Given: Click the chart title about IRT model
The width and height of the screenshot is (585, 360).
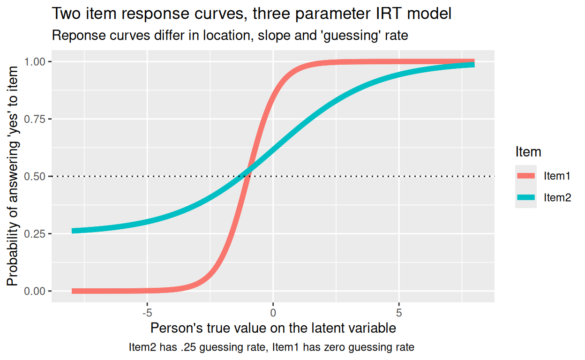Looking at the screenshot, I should (251, 14).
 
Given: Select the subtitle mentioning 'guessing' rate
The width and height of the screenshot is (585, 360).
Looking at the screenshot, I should (230, 35).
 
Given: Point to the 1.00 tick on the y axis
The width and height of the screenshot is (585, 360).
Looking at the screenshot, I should (35, 62).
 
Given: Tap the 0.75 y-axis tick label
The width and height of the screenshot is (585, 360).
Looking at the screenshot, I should (35, 119).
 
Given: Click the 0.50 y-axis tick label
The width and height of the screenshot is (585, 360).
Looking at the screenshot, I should (35, 176).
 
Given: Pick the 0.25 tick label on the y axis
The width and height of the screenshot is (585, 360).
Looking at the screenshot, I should (35, 234).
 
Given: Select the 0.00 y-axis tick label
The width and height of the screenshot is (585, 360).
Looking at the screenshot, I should (35, 291).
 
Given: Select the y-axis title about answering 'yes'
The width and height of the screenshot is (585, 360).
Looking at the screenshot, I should (13, 176).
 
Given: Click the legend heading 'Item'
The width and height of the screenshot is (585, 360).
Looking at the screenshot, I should (528, 152).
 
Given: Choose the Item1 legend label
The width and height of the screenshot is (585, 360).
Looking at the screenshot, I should (557, 176).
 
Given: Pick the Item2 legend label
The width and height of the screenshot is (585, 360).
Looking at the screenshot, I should (557, 198).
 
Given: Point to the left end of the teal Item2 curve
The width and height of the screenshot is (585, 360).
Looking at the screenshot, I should (73, 231).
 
